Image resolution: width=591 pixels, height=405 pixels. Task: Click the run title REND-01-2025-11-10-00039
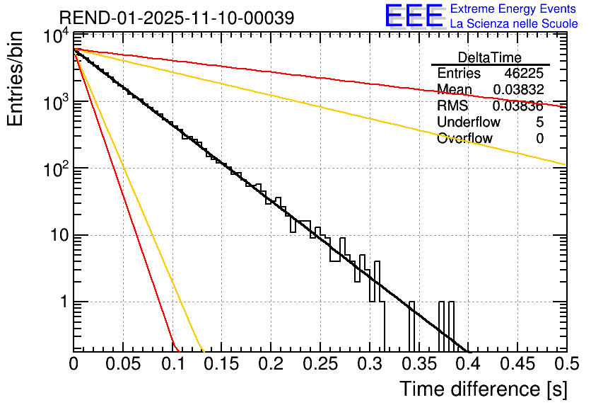[x=177, y=18]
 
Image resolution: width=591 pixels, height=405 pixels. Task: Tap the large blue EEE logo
[x=414, y=16]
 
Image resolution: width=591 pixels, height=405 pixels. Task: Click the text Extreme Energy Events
[x=514, y=9]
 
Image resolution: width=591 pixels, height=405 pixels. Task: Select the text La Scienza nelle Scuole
[x=514, y=23]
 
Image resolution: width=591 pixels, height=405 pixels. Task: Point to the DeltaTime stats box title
[x=490, y=57]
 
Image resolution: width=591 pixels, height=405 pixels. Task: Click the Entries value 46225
[x=524, y=74]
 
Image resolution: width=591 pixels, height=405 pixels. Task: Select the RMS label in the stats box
[x=452, y=105]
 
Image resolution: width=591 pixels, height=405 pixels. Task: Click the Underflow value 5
[x=539, y=122]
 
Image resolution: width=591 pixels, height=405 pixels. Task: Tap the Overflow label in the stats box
[x=464, y=138]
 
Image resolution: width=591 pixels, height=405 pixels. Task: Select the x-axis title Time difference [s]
[x=482, y=389]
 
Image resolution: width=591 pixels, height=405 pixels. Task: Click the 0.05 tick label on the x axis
[x=123, y=365]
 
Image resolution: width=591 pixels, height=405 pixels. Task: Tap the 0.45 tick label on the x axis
[x=517, y=365]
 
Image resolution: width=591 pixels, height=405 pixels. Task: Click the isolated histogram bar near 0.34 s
[x=411, y=326]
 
